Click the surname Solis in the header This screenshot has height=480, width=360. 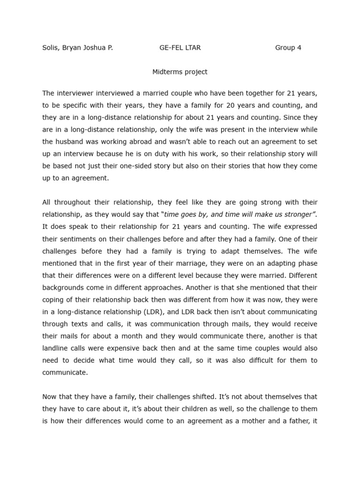51,48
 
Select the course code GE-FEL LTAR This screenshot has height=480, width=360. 180,48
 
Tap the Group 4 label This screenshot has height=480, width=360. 288,48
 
